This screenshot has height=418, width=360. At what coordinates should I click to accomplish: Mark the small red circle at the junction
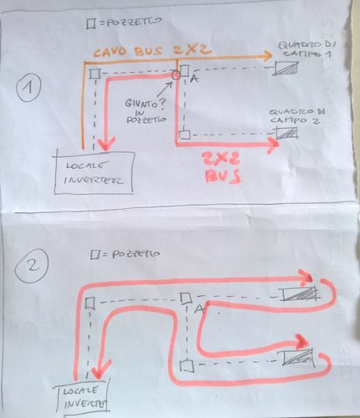(x=175, y=76)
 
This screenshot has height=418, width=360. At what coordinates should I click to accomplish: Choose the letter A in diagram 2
(x=200, y=309)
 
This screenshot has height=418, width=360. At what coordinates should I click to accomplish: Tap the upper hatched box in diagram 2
(x=300, y=293)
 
